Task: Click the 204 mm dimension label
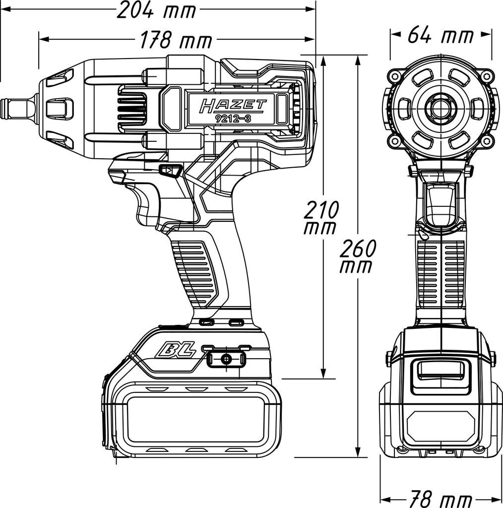tap(156, 10)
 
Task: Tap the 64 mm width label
tap(440, 35)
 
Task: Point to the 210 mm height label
tap(320, 217)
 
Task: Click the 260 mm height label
tap(357, 256)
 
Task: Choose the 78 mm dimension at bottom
tap(440, 499)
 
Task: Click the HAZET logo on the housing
tap(233, 106)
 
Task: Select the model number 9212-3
tap(233, 119)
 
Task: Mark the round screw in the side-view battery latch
tap(226, 359)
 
